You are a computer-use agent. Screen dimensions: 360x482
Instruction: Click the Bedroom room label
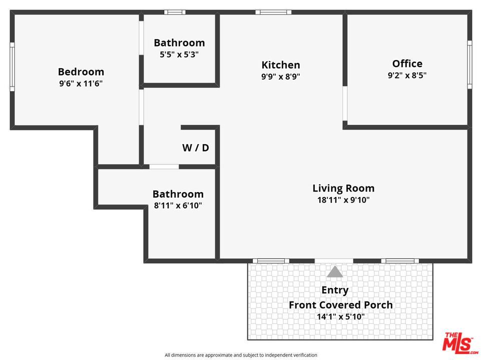[x=81, y=71]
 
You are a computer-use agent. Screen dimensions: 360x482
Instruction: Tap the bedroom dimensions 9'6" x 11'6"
[x=81, y=83]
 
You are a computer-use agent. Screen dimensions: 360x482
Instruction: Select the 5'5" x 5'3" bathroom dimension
[x=179, y=54]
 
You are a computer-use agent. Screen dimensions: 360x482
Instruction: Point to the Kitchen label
[x=281, y=65]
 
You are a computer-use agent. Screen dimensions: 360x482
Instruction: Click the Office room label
[x=407, y=63]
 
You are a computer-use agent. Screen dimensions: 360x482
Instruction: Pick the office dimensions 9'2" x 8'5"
[x=407, y=75]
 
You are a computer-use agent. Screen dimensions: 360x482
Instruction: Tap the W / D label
[x=195, y=147]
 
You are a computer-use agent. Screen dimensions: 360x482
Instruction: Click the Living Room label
[x=343, y=188]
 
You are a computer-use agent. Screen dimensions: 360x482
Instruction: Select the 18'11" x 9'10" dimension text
[x=343, y=200]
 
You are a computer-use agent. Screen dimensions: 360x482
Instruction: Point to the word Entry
[x=335, y=290]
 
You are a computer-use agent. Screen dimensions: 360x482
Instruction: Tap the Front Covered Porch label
[x=341, y=304]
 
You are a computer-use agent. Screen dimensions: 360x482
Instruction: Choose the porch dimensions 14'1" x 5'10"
[x=341, y=316]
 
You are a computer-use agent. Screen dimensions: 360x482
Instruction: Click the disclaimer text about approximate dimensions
[x=241, y=355]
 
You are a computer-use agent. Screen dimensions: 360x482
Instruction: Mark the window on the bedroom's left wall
[x=12, y=66]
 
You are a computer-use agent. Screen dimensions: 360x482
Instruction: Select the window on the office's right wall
[x=469, y=64]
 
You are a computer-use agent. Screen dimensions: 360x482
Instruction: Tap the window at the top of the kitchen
[x=273, y=12]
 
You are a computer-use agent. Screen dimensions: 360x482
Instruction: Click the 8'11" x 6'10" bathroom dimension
[x=178, y=205]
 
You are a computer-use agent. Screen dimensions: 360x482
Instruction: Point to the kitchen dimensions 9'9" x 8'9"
[x=281, y=77]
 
